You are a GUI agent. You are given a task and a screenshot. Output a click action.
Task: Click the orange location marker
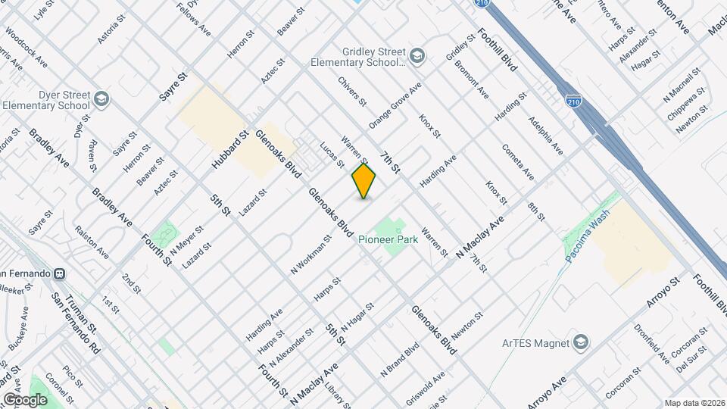363,181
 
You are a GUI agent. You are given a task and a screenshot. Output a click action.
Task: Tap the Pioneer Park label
388,239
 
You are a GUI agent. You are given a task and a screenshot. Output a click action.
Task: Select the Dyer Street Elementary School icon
101,99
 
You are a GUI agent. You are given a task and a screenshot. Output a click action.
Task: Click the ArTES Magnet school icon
580,343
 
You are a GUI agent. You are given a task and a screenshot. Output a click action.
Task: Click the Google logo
25,399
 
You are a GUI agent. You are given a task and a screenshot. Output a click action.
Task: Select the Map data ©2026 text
694,403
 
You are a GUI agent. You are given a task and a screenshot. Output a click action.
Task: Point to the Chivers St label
352,90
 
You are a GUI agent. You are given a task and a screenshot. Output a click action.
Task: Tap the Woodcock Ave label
26,47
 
